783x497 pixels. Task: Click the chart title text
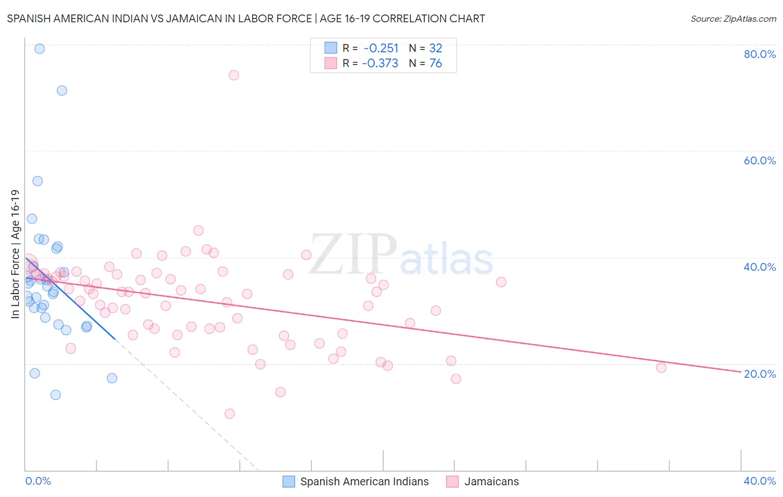[x=246, y=18]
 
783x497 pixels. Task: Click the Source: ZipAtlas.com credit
[x=733, y=18]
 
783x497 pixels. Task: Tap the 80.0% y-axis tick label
[x=760, y=54]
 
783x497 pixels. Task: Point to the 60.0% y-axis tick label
[x=760, y=160]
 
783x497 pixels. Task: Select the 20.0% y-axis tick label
[x=760, y=374]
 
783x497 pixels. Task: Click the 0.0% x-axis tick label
[x=38, y=481]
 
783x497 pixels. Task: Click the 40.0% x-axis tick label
[x=760, y=481]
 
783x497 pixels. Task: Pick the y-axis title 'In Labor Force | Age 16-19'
[x=15, y=254]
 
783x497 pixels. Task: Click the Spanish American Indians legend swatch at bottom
[x=288, y=481]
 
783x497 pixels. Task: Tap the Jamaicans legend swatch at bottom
[x=452, y=481]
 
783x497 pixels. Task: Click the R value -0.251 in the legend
[x=381, y=48]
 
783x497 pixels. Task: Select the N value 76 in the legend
[x=435, y=64]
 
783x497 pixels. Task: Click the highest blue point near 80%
[x=40, y=48]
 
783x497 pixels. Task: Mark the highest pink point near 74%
[x=234, y=75]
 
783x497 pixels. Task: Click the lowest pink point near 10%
[x=229, y=413]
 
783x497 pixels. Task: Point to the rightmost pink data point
[x=661, y=368]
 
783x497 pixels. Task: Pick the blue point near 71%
[x=62, y=90]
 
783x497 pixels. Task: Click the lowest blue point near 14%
[x=56, y=395]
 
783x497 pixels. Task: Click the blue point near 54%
[x=37, y=181]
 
